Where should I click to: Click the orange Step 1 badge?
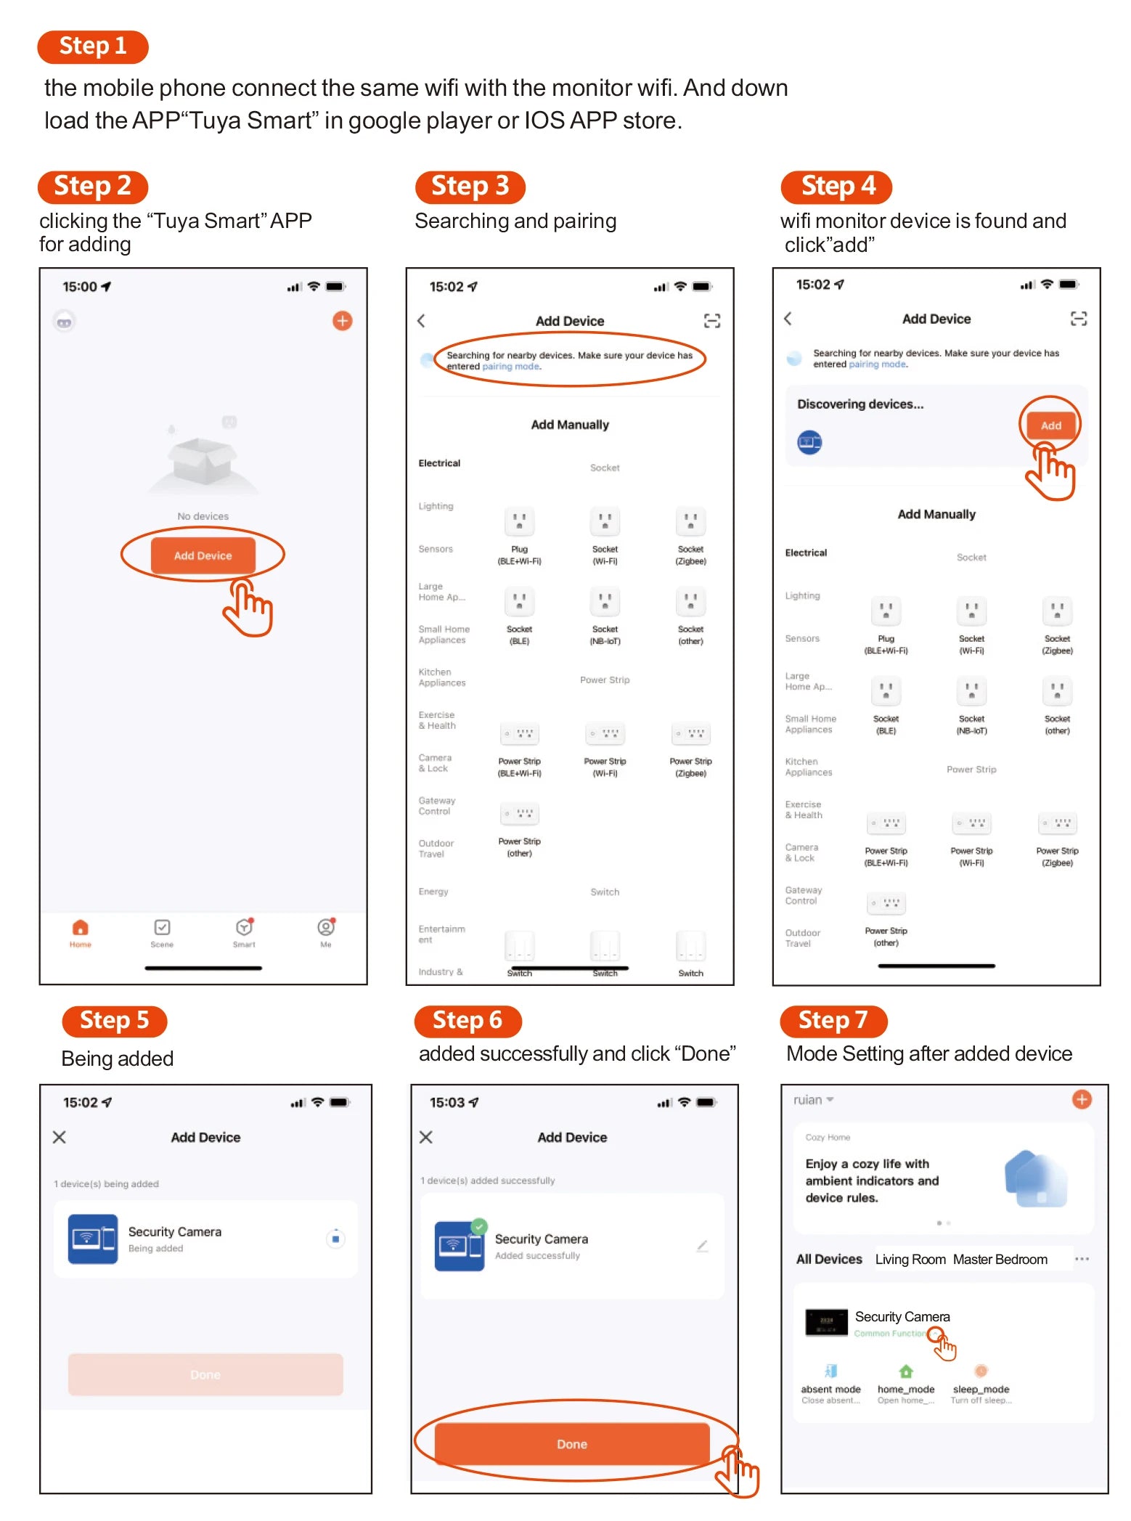(x=92, y=46)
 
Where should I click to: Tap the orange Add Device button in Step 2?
(x=203, y=555)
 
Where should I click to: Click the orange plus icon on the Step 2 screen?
(x=342, y=321)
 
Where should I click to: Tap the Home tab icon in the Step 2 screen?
(x=80, y=929)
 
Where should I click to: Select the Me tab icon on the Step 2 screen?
(x=326, y=929)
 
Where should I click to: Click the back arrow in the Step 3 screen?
(x=421, y=321)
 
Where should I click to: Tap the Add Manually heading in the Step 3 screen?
(x=570, y=425)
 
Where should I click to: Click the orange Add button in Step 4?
(x=1050, y=425)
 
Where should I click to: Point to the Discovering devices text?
(x=860, y=404)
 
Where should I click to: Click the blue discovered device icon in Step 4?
(x=809, y=441)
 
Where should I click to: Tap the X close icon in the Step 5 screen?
(x=60, y=1137)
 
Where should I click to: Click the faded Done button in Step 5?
(x=205, y=1374)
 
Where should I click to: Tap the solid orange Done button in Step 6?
(x=571, y=1444)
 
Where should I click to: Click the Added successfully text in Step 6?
(x=537, y=1256)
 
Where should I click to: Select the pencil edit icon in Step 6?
(x=702, y=1247)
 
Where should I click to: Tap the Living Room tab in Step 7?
(x=910, y=1260)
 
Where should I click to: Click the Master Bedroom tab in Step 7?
(x=1000, y=1260)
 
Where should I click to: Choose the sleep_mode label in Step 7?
(x=981, y=1389)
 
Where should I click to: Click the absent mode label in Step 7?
(x=830, y=1389)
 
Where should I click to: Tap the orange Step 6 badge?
(x=467, y=1021)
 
